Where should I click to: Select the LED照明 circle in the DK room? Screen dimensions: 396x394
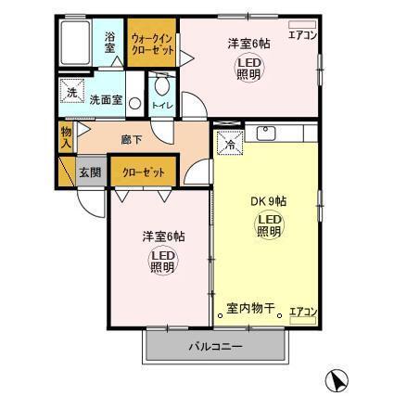pos(268,225)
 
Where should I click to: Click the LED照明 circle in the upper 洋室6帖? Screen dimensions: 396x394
pos(248,68)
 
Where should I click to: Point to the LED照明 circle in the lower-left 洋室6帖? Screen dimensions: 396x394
pos(162,262)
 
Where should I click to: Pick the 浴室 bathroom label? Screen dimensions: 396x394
pos(109,42)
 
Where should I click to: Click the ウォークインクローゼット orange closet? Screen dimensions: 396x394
pos(151,44)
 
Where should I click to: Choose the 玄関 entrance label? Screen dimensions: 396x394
pos(90,172)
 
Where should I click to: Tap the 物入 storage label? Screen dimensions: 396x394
pos(66,138)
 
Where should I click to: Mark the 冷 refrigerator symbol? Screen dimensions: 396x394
pos(229,143)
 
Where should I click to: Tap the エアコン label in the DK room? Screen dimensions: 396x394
pos(302,312)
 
